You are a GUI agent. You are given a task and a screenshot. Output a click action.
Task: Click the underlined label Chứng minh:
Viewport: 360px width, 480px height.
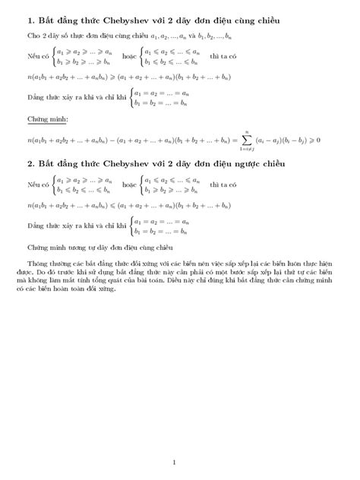pos(43,119)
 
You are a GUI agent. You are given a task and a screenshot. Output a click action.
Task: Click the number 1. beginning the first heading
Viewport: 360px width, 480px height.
pos(30,18)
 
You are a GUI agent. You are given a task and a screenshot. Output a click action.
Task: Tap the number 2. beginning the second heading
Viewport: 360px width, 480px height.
pos(30,166)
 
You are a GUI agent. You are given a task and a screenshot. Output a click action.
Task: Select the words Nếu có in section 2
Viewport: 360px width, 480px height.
pos(36,185)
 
